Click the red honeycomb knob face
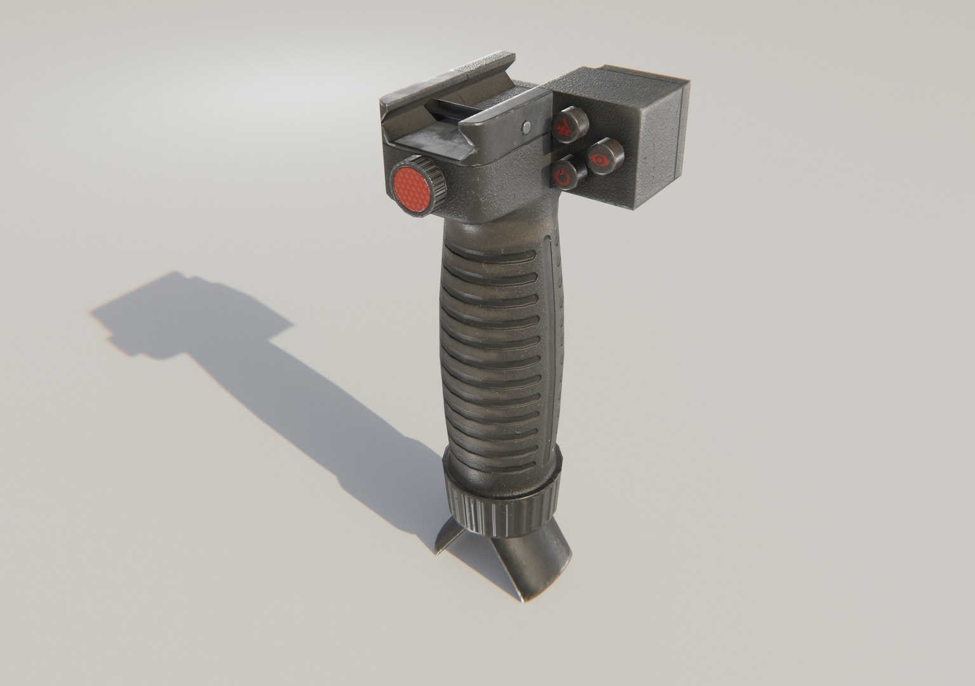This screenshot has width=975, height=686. [x=412, y=186]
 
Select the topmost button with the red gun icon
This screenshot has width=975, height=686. [x=564, y=125]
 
